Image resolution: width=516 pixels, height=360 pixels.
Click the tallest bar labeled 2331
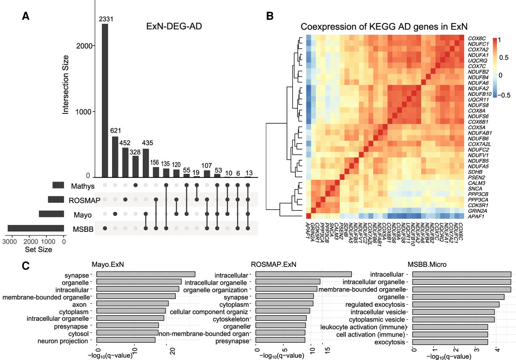click(105, 101)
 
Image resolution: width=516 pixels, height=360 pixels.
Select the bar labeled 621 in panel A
click(115, 157)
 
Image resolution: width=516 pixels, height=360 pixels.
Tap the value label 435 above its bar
click(148, 143)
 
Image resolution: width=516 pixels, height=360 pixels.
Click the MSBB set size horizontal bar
click(36, 228)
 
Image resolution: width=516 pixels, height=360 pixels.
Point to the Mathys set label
click(83, 186)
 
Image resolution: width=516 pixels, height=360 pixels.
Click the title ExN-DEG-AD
click(174, 26)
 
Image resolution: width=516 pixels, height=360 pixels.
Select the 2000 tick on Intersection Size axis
click(84, 46)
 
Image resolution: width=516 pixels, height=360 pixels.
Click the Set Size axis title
click(38, 250)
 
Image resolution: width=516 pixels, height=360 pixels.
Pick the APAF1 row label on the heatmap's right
click(476, 216)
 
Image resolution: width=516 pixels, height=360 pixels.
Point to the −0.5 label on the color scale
click(504, 95)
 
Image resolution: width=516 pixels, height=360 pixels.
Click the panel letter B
click(270, 16)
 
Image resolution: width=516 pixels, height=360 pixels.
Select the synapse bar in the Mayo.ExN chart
click(146, 274)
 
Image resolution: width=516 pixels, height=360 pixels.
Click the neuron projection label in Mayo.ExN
click(62, 341)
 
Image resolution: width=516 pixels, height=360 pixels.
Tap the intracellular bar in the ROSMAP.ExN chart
click(304, 274)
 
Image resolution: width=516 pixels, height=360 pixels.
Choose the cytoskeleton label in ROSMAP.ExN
click(231, 319)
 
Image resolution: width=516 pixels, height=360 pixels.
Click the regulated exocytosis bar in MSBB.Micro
click(456, 304)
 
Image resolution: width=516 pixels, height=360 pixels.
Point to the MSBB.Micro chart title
click(427, 264)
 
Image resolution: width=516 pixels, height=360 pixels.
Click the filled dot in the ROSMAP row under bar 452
click(125, 200)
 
